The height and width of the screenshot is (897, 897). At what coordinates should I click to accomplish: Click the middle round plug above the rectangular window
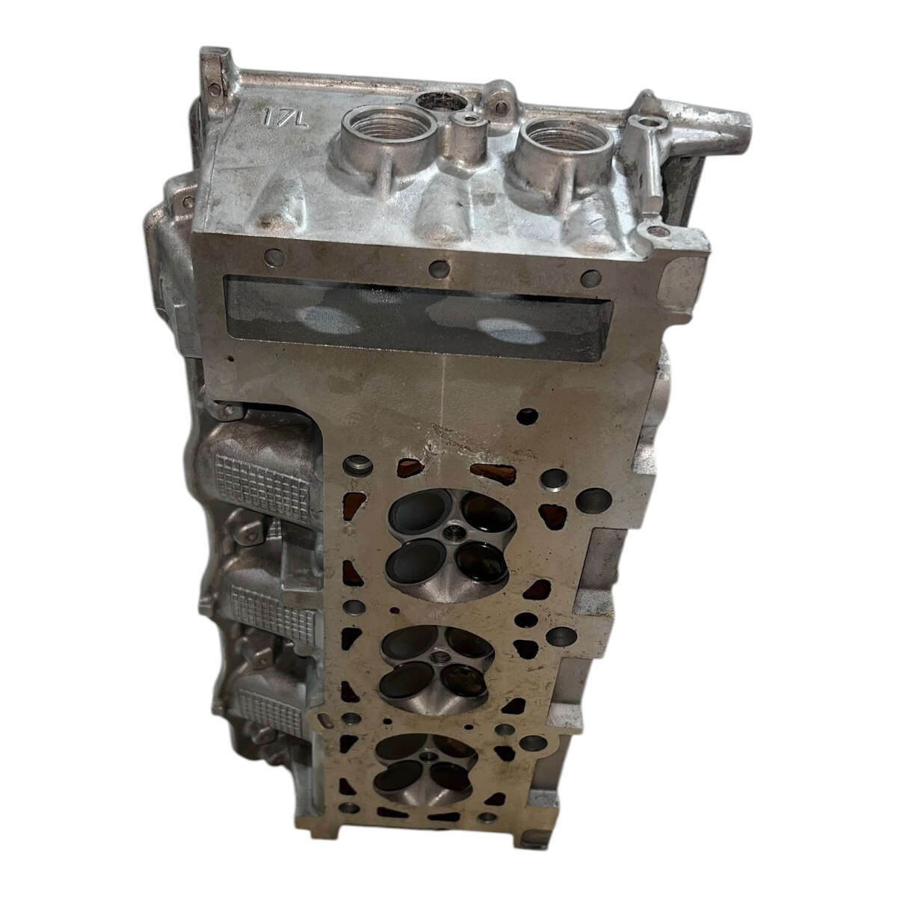point(440,268)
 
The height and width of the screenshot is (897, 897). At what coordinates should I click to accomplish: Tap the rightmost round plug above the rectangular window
point(591,279)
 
